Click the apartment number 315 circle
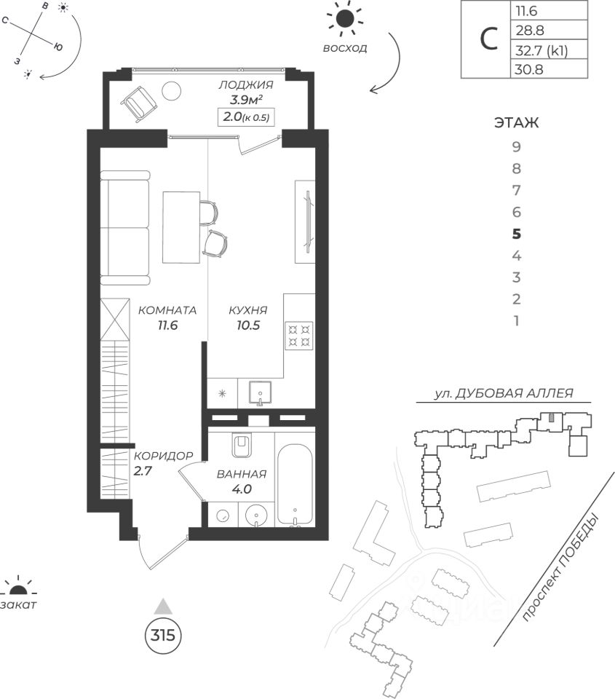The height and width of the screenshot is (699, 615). coord(162,634)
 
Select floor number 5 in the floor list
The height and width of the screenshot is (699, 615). coord(517,234)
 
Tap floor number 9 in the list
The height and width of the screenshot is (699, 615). coord(517,146)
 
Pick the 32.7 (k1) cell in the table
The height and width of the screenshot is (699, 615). coord(540,51)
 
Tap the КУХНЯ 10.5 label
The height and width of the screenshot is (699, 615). coord(247,317)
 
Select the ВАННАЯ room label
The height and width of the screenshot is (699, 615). coord(242,481)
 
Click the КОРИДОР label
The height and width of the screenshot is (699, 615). coord(163,462)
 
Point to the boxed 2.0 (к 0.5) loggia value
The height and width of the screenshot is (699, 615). coord(248,117)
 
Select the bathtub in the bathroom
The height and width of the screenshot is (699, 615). coord(296,485)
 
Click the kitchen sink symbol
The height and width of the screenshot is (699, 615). coord(258,394)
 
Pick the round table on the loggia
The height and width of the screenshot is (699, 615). coord(172,91)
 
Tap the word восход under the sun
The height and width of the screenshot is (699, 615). coord(345,49)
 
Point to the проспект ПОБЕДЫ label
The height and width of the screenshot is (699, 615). coord(561,569)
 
